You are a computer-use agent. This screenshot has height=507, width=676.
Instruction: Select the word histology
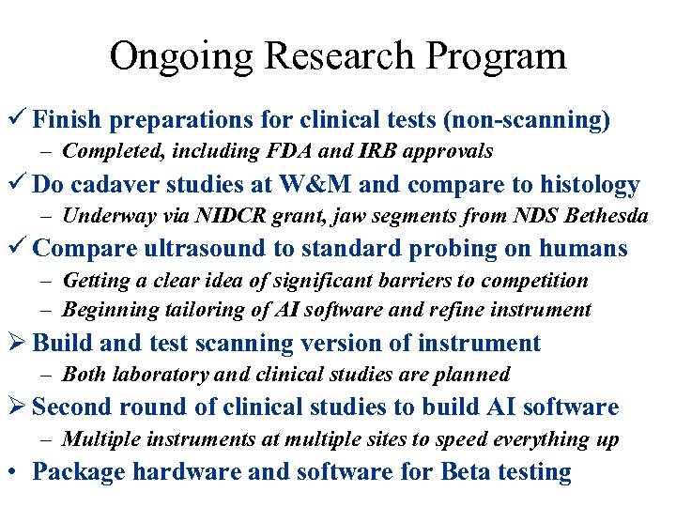point(585,185)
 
